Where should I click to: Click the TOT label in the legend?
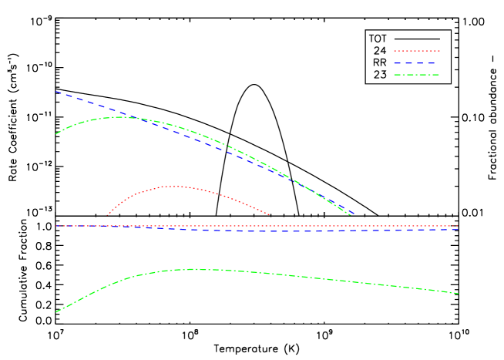[x=378, y=39]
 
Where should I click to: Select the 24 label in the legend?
[x=379, y=51]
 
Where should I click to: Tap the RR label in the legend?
[x=379, y=62]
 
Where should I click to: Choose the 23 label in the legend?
[x=379, y=75]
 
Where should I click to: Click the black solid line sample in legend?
[x=416, y=39]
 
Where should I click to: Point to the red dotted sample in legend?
[x=416, y=51]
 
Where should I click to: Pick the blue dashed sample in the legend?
[x=416, y=62]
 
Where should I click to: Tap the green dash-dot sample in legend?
[x=416, y=75]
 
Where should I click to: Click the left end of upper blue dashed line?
[x=55, y=91]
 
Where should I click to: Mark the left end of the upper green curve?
[x=55, y=134]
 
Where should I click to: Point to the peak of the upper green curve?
[x=122, y=117]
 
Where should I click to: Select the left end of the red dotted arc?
[x=107, y=215]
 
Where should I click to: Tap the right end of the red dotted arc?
[x=269, y=214]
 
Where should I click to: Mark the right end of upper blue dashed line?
[x=353, y=214]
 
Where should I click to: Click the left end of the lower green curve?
[x=55, y=312]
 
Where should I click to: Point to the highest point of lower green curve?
[x=193, y=269]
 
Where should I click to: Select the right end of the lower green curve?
[x=459, y=294]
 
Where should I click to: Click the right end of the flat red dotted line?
[x=459, y=226]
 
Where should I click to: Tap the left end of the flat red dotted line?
[x=55, y=226]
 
